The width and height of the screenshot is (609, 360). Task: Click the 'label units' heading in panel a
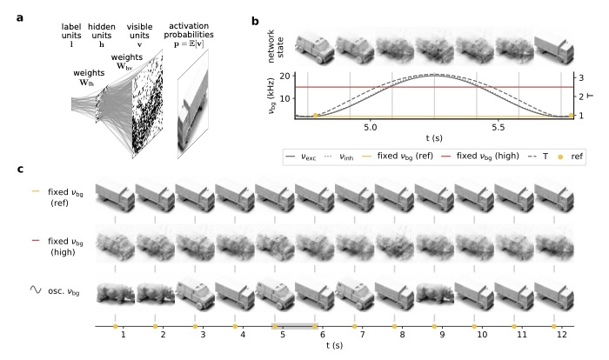(71, 31)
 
